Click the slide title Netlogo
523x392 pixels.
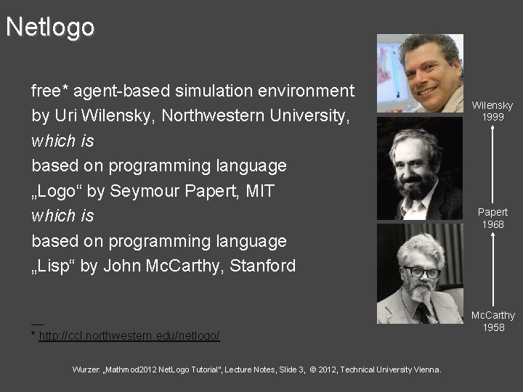point(50,27)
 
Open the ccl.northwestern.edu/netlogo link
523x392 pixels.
point(129,336)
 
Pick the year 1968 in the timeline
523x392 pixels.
point(492,224)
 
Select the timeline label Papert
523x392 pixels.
point(492,212)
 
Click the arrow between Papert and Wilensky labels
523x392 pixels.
point(492,164)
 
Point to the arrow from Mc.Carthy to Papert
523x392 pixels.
point(492,269)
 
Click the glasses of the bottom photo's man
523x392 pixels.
point(421,273)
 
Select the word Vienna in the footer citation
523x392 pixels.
point(425,369)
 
